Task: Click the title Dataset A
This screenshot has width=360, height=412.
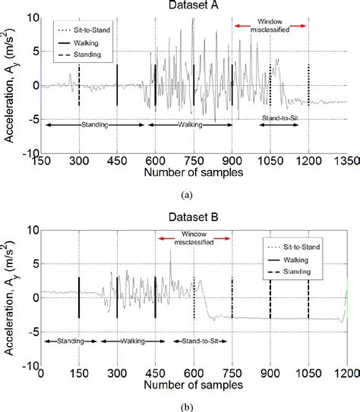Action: (193, 6)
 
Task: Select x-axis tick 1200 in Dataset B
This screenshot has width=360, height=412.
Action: (346, 374)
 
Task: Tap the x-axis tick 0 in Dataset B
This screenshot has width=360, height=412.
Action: (41, 374)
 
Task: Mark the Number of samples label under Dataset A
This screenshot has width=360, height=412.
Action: (193, 173)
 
